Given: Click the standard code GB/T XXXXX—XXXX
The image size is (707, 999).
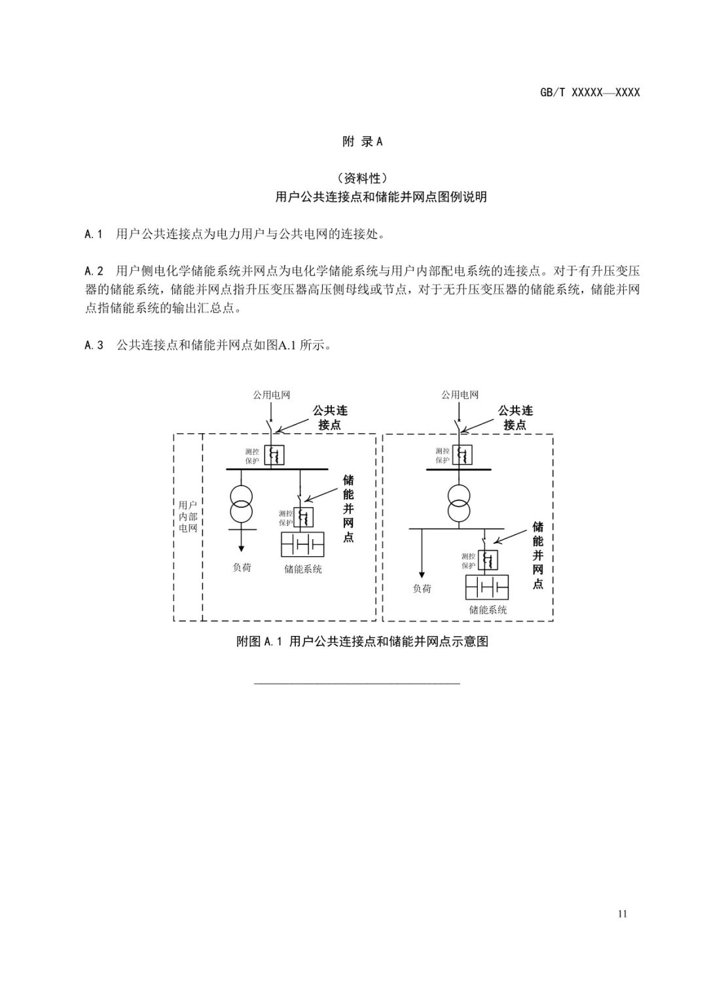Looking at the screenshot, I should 589,92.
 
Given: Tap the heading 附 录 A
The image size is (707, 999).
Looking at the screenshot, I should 362,141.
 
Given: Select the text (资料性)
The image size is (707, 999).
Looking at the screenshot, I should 362,178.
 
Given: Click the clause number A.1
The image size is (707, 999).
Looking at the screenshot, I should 94,234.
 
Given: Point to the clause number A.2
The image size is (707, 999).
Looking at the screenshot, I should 94,270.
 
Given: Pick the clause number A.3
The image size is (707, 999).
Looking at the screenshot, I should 94,345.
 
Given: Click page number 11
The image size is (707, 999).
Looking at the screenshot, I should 621,913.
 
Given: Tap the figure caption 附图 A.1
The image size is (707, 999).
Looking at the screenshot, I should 362,641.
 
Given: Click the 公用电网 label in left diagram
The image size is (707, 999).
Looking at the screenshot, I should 271,394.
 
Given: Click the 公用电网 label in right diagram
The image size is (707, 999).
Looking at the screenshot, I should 460,394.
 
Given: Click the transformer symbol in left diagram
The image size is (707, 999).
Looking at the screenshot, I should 242,504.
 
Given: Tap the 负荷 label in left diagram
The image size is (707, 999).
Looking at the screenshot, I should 242,567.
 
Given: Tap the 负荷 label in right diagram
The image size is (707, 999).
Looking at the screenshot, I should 422,588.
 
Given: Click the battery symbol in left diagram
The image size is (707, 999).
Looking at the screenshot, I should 302,544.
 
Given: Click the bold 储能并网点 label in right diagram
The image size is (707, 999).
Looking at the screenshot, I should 537,555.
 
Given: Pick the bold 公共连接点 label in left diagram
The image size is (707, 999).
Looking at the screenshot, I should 330,417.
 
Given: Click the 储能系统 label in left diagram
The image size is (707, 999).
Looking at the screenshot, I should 302,569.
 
